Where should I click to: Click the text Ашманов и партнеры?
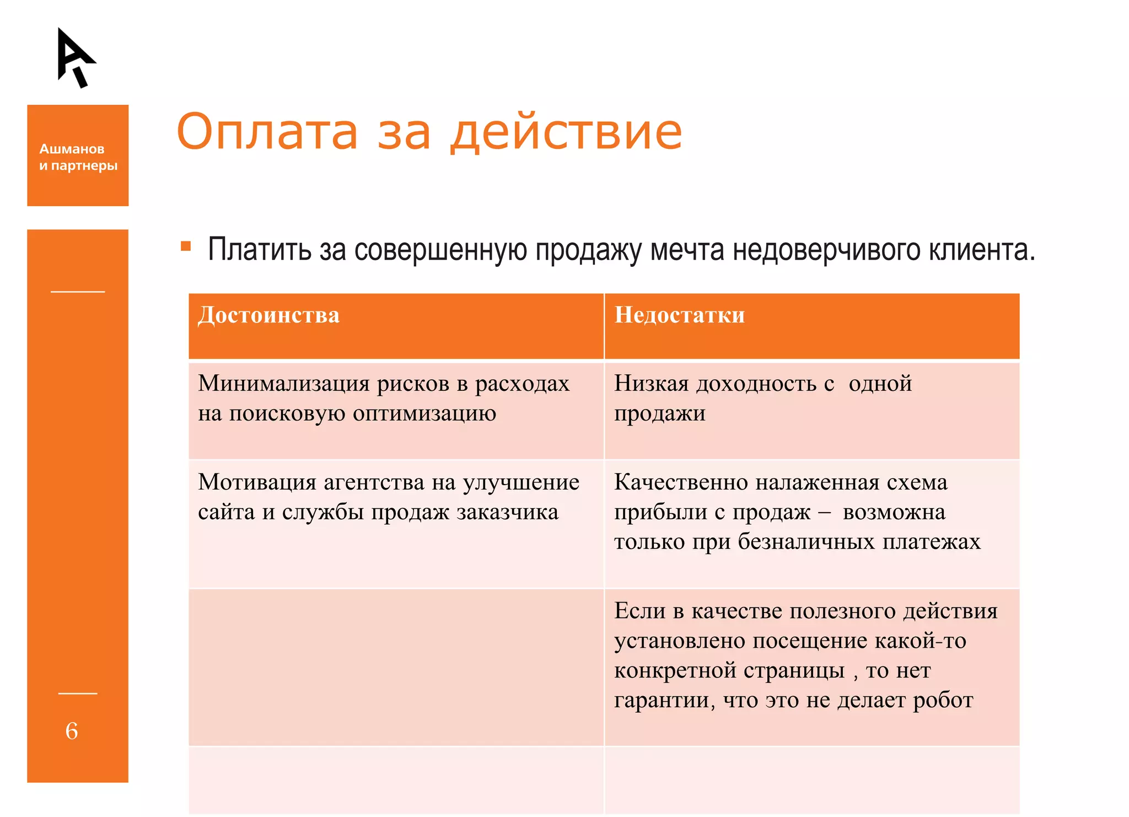tap(78, 157)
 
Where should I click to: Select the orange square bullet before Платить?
tap(186, 246)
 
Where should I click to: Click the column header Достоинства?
tap(268, 315)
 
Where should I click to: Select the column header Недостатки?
tap(679, 315)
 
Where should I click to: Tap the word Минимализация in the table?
tap(284, 384)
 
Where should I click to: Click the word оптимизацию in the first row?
tap(424, 413)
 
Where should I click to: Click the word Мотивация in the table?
tap(257, 482)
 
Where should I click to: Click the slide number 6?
tap(72, 731)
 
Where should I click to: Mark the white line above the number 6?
tap(78, 694)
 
